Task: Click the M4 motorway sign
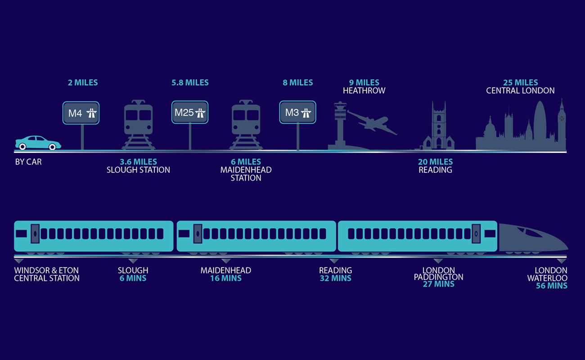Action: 81,113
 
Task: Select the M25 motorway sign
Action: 190,112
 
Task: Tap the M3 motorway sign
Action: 297,112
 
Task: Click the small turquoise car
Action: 38,143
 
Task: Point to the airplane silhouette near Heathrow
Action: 373,121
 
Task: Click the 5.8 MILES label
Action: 190,83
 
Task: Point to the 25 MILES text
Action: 521,83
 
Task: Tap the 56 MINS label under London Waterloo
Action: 551,286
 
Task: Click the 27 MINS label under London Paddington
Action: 438,284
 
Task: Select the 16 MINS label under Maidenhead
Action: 225,278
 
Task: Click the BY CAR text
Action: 28,162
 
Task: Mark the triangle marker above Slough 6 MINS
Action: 133,261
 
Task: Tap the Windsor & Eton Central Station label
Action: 47,274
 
